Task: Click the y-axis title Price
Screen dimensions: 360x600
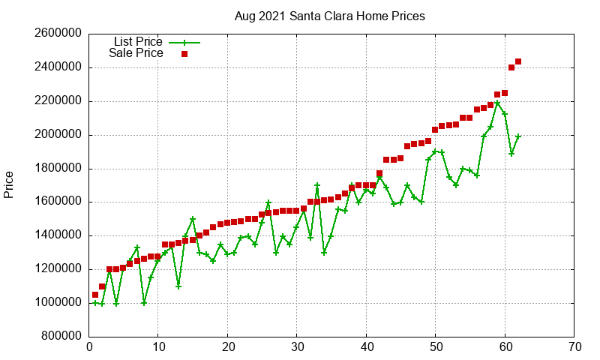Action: coord(9,184)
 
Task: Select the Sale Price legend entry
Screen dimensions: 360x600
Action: coord(136,53)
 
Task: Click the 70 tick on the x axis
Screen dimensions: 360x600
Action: coord(574,348)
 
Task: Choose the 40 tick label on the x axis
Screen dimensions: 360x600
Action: coord(366,348)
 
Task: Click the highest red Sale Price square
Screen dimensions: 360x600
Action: coord(518,61)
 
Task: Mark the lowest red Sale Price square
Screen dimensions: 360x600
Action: coord(95,295)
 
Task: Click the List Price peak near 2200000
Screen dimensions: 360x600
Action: coord(497,103)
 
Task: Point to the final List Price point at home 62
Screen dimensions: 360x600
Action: coord(518,136)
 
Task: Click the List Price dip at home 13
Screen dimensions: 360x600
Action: coord(178,286)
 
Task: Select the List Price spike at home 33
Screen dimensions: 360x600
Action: coord(317,185)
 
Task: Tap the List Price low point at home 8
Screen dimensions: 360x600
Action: coord(144,303)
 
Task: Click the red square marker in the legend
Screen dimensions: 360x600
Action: coord(184,54)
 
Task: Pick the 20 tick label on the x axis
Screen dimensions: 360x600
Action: coord(227,348)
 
